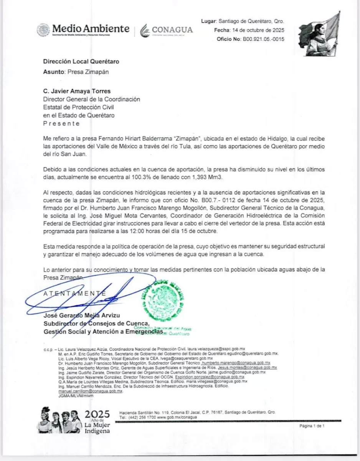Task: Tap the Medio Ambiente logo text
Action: (x=91, y=28)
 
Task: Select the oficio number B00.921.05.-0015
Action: (x=264, y=39)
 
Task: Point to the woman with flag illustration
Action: (x=319, y=34)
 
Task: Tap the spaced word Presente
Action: (x=61, y=123)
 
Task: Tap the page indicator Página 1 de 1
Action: (x=312, y=426)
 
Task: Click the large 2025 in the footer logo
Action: (x=97, y=414)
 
